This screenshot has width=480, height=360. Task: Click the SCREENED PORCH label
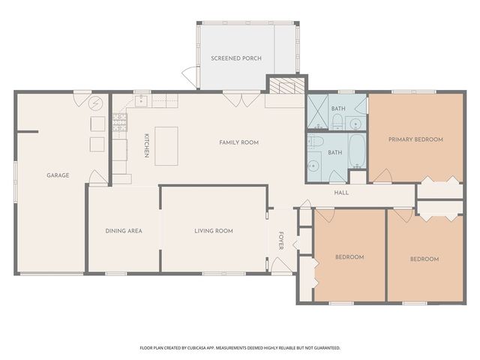pos(236,58)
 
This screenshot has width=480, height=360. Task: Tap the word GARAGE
pos(58,175)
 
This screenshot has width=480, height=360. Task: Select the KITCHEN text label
pos(147,145)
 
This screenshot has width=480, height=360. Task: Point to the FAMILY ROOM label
pos(238,142)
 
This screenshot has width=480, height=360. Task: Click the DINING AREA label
pos(124,231)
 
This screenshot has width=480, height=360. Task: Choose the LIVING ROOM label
pos(214,231)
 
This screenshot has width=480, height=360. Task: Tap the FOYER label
pos(281,241)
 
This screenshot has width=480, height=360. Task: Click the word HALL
pos(341,193)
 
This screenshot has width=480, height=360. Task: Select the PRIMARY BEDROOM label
pos(415,139)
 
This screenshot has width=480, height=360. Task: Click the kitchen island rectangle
pos(166,146)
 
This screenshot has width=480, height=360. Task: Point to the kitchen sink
pos(141,100)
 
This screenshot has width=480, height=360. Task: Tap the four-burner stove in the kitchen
pos(120,122)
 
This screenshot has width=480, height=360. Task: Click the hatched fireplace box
pos(286,85)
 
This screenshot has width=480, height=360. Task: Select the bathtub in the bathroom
pos(357,151)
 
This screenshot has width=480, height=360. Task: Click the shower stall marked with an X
pos(318,112)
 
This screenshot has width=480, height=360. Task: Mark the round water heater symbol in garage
pos(96,103)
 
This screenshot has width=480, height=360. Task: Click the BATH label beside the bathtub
pos(335,152)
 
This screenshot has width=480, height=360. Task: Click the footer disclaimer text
pos(240,348)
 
